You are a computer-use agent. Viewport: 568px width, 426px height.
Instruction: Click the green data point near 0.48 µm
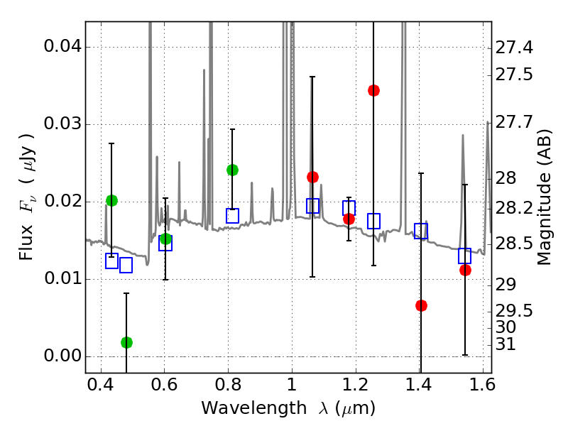[126, 342]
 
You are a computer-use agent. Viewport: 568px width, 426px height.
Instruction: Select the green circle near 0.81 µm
[232, 170]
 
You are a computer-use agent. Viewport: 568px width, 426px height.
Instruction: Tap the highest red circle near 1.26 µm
[373, 90]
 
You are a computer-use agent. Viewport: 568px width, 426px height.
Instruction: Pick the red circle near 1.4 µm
[421, 305]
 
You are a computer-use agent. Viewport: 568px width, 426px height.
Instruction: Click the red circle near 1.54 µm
[465, 270]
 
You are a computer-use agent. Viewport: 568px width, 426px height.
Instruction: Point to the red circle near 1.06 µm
[312, 177]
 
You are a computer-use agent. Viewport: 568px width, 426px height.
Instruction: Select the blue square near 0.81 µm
[232, 216]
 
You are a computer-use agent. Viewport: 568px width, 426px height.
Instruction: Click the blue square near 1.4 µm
[421, 231]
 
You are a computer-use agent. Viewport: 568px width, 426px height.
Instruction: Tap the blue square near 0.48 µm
[126, 266]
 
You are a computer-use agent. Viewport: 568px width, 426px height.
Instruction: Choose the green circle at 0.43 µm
[111, 200]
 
